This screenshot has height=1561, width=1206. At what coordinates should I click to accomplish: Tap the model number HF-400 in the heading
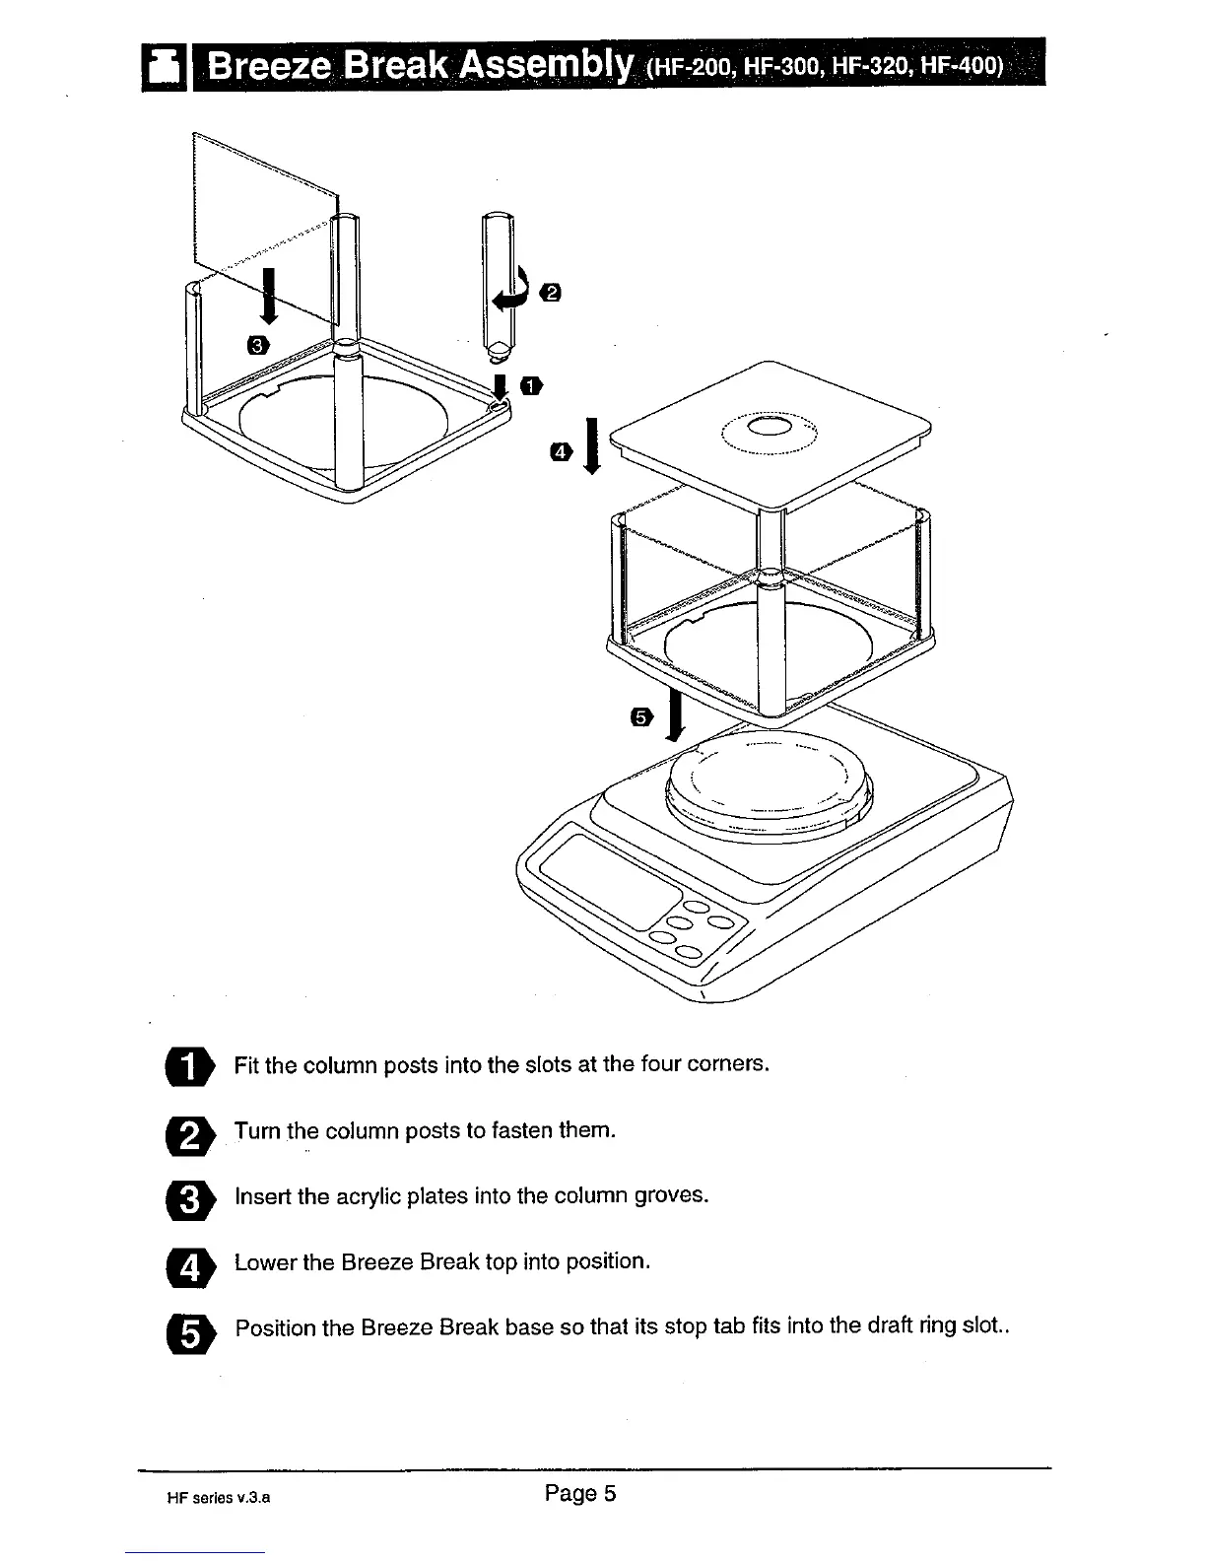tap(970, 68)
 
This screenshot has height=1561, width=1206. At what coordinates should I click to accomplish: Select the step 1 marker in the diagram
tap(532, 384)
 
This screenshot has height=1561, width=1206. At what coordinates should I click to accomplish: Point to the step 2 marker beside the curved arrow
tap(552, 292)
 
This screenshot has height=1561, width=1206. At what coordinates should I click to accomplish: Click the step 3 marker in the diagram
tap(257, 344)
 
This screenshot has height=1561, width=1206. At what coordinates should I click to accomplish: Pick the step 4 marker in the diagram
tap(561, 451)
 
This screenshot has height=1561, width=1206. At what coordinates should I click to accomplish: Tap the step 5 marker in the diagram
tap(641, 716)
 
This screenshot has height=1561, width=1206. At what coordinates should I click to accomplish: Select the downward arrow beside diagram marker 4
tap(591, 446)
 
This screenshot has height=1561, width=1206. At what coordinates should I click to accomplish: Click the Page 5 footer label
tap(580, 1493)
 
